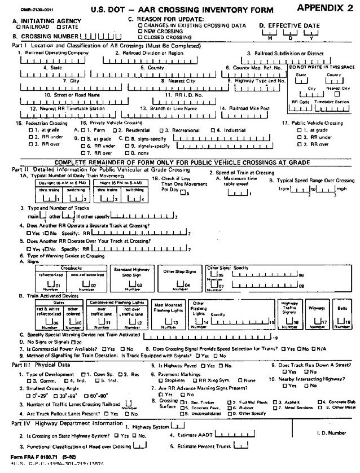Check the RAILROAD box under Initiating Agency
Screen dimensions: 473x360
[19, 27]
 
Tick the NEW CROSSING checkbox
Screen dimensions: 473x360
[141, 32]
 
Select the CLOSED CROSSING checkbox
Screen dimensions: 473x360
[141, 37]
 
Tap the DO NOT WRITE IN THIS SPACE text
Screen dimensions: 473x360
[322, 67]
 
